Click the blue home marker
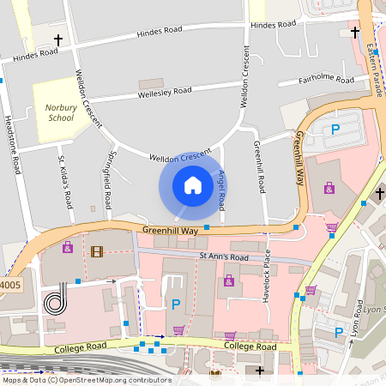tap(193, 185)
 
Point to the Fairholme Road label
tap(326, 80)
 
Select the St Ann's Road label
tap(223, 256)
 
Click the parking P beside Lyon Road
tap(340, 331)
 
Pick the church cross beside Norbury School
tap(58, 40)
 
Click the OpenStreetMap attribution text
tap(86, 379)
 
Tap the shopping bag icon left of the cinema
tap(67, 247)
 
